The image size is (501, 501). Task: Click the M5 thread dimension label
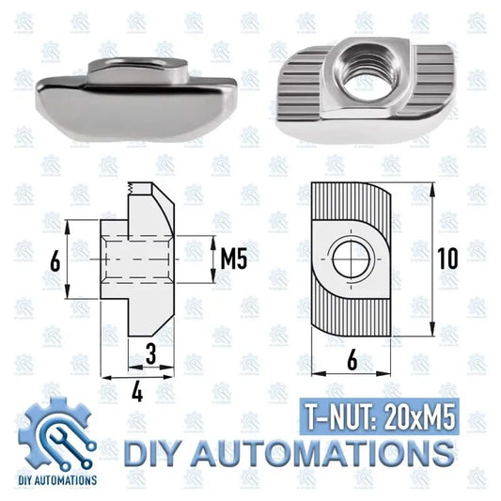coord(233,259)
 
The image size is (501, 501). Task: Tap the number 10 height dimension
coord(447,258)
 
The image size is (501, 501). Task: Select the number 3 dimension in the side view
coord(150,353)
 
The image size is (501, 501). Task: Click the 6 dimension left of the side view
coord(55,262)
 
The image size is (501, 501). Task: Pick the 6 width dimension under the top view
coord(352,361)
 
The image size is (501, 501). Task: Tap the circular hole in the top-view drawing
coord(352,259)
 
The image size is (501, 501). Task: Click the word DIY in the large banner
coord(150,453)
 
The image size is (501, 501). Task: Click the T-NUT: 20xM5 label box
coord(379,416)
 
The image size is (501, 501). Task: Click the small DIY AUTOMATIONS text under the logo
coord(57,480)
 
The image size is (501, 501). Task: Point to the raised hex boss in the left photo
coord(137,70)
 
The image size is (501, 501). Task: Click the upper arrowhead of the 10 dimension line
coord(432,190)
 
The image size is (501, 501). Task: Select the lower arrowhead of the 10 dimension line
coord(432,329)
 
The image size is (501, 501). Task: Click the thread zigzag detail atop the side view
coord(130,187)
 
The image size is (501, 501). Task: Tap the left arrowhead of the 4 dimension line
coord(107,378)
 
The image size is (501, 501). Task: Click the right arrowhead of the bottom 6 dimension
coord(384,373)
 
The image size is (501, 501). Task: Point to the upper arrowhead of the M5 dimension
coord(212,243)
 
